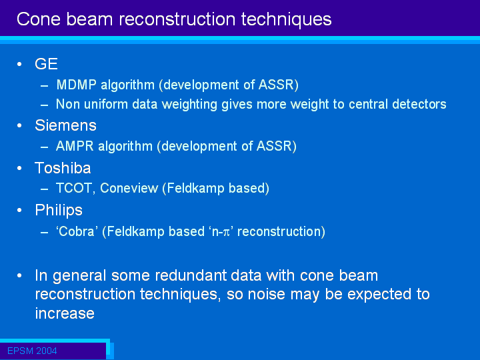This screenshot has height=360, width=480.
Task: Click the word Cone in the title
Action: (39, 19)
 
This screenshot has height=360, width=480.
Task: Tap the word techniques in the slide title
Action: (286, 19)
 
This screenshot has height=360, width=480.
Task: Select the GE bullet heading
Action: (46, 64)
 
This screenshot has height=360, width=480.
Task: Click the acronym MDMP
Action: (76, 85)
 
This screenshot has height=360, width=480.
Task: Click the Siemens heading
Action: (65, 125)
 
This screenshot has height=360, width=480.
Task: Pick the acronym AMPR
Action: (75, 146)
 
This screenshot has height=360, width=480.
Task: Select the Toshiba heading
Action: (63, 168)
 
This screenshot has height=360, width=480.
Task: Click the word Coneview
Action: (129, 188)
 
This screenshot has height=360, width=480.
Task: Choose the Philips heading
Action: (59, 210)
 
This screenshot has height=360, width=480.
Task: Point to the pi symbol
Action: (226, 233)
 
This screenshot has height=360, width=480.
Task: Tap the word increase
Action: (65, 313)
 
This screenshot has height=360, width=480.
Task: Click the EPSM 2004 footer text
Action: (32, 351)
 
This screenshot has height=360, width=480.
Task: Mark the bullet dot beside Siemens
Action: (19, 125)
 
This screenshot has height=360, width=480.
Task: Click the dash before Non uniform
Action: (45, 105)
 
